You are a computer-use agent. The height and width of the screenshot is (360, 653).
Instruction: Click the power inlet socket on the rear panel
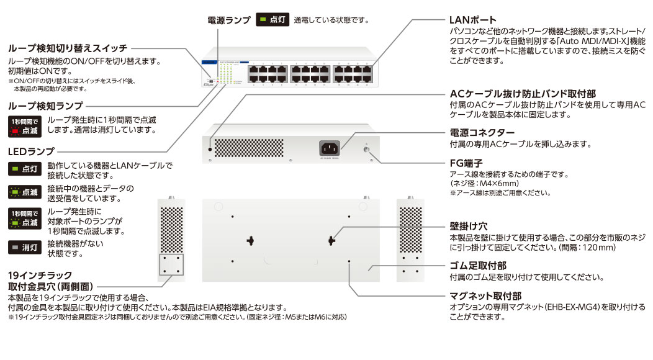[330, 148]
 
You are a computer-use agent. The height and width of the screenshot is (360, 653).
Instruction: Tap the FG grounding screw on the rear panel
[366, 148]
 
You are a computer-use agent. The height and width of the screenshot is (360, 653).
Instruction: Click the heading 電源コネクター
[482, 133]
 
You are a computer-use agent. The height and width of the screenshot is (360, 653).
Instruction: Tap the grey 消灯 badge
[25, 248]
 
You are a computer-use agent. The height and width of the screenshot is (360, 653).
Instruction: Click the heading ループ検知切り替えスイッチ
[68, 48]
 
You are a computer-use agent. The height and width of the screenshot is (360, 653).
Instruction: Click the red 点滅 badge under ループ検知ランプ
[25, 126]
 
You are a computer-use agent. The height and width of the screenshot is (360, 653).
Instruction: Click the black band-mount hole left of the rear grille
[211, 149]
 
